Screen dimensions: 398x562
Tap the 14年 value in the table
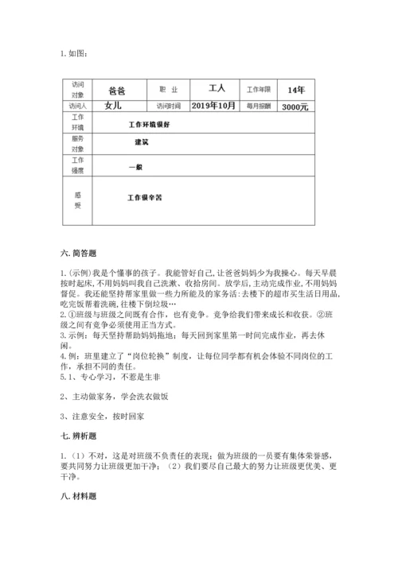click(295, 89)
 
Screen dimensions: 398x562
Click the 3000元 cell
click(295, 106)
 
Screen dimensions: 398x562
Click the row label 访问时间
click(168, 106)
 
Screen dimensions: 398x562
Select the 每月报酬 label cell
click(259, 106)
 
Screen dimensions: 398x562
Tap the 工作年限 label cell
click(259, 90)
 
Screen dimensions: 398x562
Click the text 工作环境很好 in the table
click(149, 125)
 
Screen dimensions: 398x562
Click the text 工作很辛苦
click(144, 196)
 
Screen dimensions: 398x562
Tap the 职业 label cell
click(168, 90)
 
